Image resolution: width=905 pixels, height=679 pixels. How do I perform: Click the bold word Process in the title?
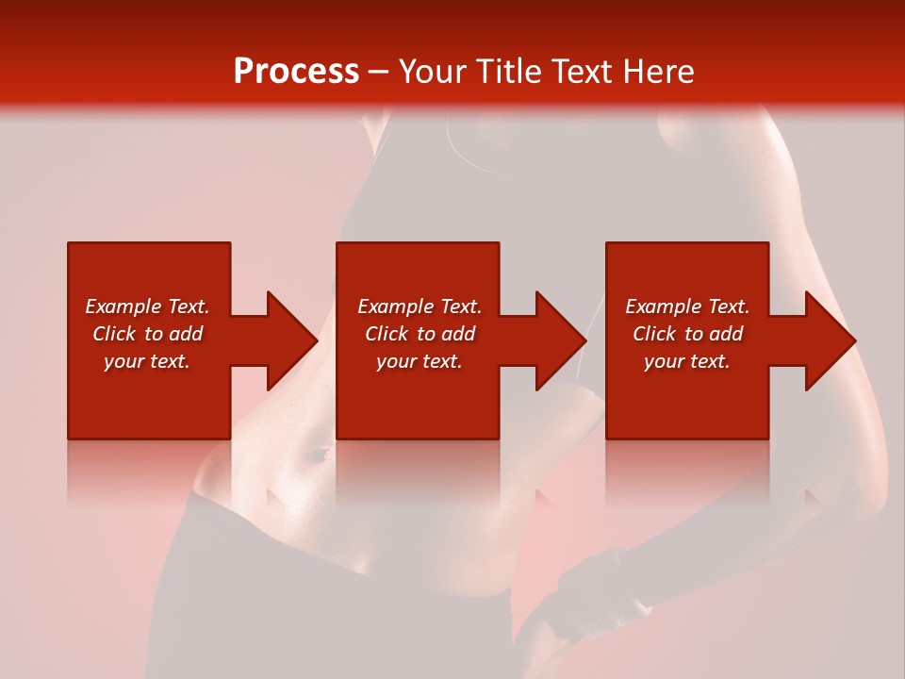point(296,72)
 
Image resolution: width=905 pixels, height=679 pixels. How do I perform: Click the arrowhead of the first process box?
point(292,340)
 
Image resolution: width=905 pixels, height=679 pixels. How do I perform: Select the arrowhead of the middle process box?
point(561,340)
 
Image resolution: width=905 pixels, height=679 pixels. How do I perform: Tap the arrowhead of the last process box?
point(830,340)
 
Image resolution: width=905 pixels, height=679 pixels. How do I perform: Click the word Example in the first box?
point(123,306)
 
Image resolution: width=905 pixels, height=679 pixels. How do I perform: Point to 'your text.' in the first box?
point(147,361)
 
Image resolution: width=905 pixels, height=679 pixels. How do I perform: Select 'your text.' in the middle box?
point(419,361)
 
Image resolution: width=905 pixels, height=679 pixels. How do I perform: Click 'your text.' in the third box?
point(686,361)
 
